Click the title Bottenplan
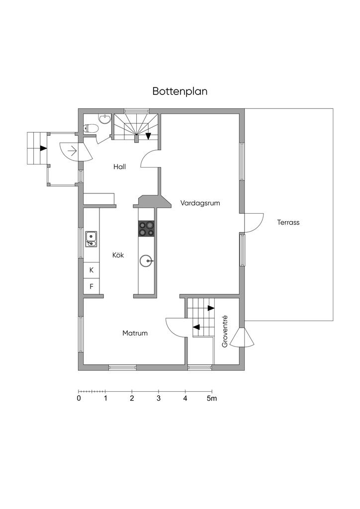pyautogui.click(x=180, y=91)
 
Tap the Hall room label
pyautogui.click(x=119, y=167)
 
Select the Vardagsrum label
pyautogui.click(x=200, y=203)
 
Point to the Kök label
pyautogui.click(x=118, y=255)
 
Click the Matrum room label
pyautogui.click(x=135, y=333)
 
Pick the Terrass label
pyautogui.click(x=288, y=222)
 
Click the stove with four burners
pyautogui.click(x=146, y=228)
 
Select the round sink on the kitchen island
pyautogui.click(x=146, y=260)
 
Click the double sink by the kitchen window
pyautogui.click(x=91, y=239)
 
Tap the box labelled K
pyautogui.click(x=91, y=270)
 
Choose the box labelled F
pyautogui.click(x=91, y=286)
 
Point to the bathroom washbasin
pyautogui.click(x=104, y=118)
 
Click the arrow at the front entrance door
pyautogui.click(x=72, y=149)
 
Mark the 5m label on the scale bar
pyautogui.click(x=212, y=399)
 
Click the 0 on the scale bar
pyautogui.click(x=79, y=399)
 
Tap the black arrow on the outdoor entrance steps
pyautogui.click(x=44, y=148)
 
